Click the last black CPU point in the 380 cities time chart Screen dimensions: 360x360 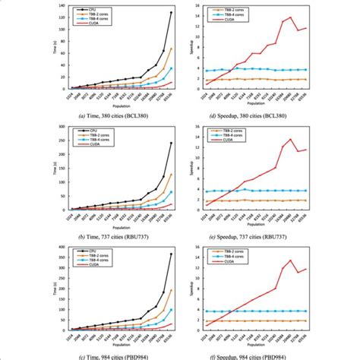[x=171, y=13]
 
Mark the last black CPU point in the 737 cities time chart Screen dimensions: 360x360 [x=171, y=143]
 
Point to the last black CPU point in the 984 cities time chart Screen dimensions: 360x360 [x=171, y=254]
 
